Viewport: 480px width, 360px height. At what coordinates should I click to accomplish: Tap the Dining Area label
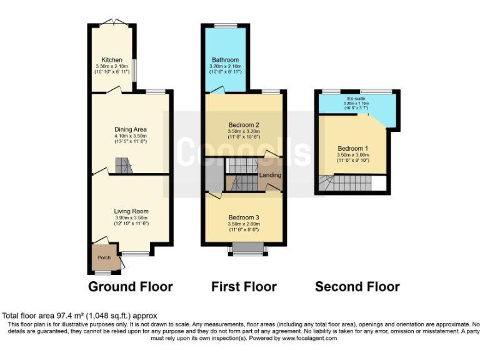point(130,129)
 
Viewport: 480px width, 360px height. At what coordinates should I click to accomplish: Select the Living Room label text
point(131,211)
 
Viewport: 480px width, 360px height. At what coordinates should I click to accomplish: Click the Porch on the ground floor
point(102,257)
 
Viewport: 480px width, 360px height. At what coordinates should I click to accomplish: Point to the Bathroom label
point(225,60)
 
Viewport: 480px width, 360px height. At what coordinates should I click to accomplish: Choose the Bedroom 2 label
point(244,125)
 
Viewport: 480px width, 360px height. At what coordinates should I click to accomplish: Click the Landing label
point(271,175)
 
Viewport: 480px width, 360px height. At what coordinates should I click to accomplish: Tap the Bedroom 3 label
point(244,217)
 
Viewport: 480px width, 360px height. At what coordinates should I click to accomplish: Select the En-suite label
point(356,99)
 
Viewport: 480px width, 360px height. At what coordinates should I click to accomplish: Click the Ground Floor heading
point(130,287)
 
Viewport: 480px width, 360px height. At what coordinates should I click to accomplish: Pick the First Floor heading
point(244,287)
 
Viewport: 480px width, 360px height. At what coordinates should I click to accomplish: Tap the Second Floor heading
point(357,287)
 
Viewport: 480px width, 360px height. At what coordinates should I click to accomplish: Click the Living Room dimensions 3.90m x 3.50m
point(131,218)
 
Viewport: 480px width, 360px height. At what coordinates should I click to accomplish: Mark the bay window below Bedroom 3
point(247,249)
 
